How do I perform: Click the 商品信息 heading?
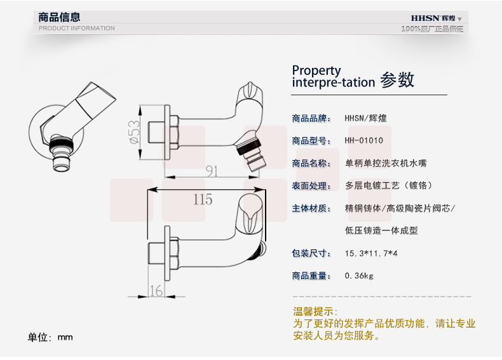tap(60, 17)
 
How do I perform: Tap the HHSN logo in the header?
tap(433, 18)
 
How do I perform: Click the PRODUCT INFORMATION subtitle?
tap(77, 29)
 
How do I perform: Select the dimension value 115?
tap(203, 199)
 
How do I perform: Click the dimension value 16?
tap(156, 290)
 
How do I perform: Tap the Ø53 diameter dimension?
tap(135, 132)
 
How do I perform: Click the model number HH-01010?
tap(364, 141)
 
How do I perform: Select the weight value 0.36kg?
tap(359, 276)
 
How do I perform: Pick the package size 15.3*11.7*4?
tap(371, 253)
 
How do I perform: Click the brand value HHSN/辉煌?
tap(366, 118)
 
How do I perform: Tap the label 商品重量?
tap(311, 276)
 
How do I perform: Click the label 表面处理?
tap(311, 186)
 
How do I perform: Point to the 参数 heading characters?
tap(397, 80)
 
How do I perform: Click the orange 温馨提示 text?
tap(313, 312)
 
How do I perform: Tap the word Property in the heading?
tap(316, 70)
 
